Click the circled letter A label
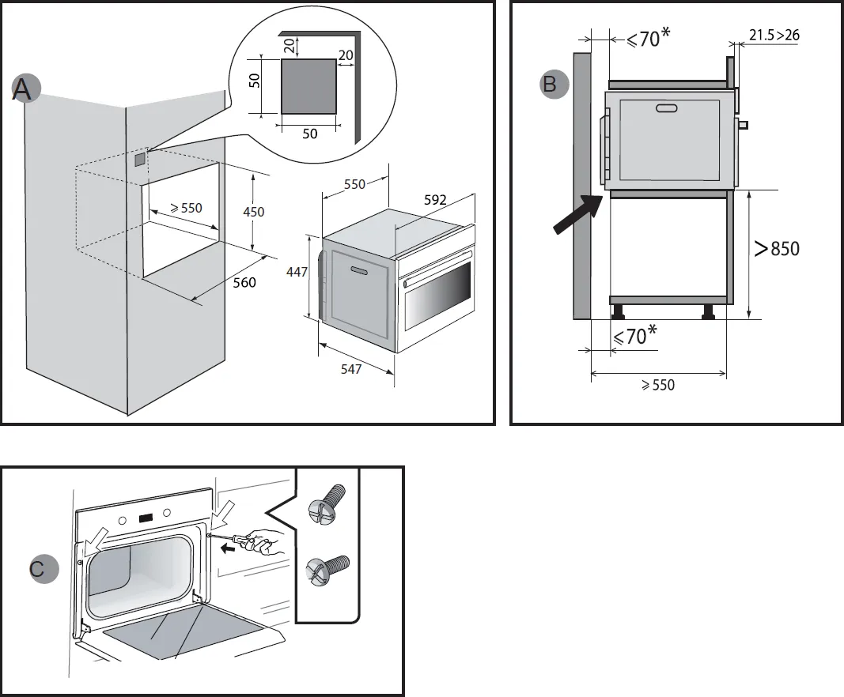23,89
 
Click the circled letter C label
40,568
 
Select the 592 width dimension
435,201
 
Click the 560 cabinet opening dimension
244,282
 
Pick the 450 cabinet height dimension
253,212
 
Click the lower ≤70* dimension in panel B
634,336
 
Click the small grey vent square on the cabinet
140,160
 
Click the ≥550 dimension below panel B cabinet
657,386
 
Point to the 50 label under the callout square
309,134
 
